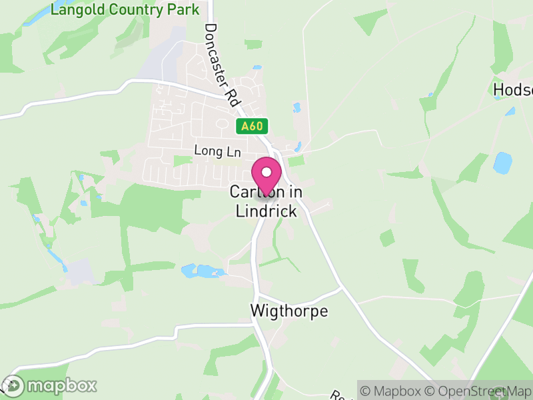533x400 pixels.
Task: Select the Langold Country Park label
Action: [x=125, y=9]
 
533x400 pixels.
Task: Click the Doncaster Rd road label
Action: [x=222, y=64]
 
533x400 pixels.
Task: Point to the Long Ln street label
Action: [x=217, y=151]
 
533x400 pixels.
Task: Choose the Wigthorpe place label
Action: [x=289, y=311]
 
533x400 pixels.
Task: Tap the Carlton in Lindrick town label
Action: [x=266, y=201]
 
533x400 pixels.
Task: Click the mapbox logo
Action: [x=50, y=385]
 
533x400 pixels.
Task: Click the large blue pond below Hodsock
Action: [x=502, y=162]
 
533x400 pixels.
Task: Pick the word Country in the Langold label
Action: [x=136, y=9]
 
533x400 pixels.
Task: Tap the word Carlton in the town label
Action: [x=249, y=192]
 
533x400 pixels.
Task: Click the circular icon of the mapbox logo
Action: [x=13, y=385]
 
